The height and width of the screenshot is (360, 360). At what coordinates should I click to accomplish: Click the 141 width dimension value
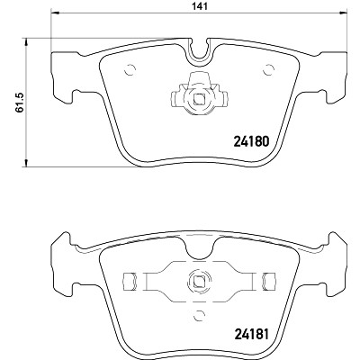(x=200, y=6)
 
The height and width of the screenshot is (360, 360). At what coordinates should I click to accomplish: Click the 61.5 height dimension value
(x=20, y=103)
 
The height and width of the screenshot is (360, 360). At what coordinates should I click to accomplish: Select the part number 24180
(x=251, y=141)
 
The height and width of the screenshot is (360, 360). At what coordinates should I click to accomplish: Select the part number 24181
(x=250, y=334)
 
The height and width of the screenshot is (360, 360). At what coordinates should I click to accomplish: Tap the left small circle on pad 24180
(x=130, y=70)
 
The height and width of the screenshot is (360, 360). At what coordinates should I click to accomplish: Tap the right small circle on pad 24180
(x=268, y=70)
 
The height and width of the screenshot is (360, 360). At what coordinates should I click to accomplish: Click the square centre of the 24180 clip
(x=199, y=98)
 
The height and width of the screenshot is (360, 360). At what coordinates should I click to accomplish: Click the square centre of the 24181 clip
(x=199, y=282)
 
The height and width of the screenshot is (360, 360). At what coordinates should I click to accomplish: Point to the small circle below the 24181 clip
(x=200, y=316)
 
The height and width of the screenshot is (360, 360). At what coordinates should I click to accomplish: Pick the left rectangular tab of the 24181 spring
(x=130, y=282)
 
